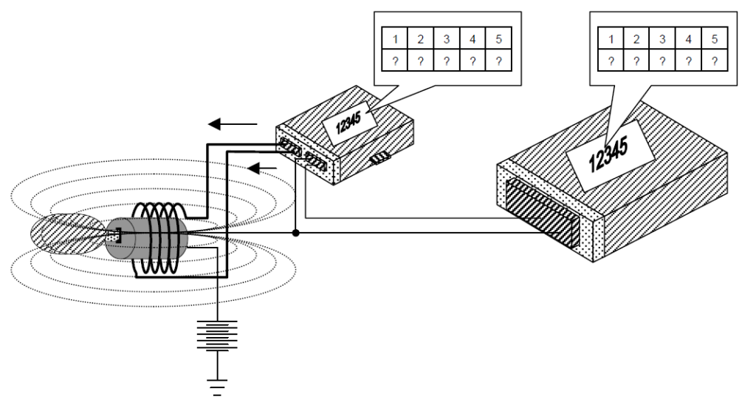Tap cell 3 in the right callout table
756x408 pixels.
662,38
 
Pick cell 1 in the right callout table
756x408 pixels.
610,38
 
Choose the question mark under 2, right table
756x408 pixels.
636,61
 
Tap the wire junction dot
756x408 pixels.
295,234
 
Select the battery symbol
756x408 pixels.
218,335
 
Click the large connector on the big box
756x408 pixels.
542,215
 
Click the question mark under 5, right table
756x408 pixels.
715,61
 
